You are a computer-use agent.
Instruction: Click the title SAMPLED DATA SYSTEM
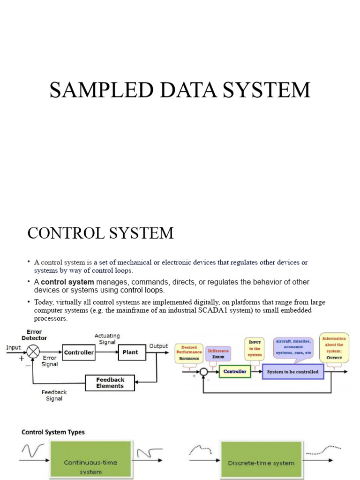(x=180, y=90)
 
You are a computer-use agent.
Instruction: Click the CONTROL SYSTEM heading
(x=100, y=232)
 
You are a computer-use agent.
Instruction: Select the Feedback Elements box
(x=110, y=383)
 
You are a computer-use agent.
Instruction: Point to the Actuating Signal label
(x=107, y=339)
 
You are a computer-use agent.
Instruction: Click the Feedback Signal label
(x=54, y=395)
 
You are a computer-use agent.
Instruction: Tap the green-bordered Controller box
(x=235, y=372)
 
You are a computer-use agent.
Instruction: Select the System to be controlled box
(x=292, y=372)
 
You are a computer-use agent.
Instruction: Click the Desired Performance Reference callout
(x=189, y=352)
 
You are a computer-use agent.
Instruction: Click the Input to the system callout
(x=255, y=348)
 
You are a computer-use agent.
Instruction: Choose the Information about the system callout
(x=334, y=347)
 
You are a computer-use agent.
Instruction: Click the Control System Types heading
(x=53, y=432)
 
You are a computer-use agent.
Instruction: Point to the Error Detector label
(x=34, y=334)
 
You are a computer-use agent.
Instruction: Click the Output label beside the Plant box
(x=158, y=346)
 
